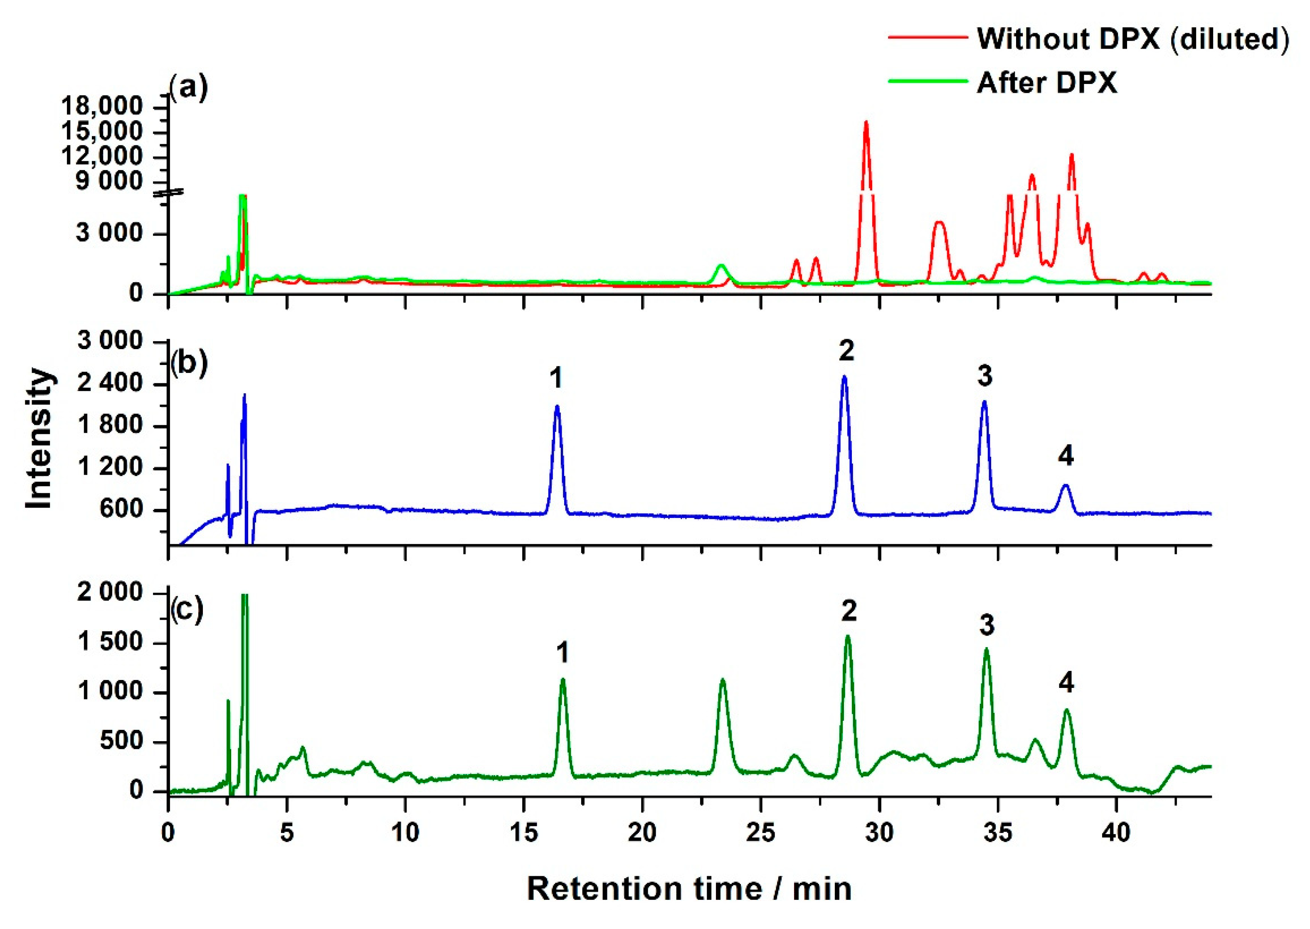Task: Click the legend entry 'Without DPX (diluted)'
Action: click(1132, 39)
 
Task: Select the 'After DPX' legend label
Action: click(1046, 84)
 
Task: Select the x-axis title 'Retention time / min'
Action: click(689, 888)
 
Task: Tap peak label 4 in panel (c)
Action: click(1066, 683)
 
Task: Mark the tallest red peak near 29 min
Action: click(866, 123)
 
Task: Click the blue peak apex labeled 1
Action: click(557, 407)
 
